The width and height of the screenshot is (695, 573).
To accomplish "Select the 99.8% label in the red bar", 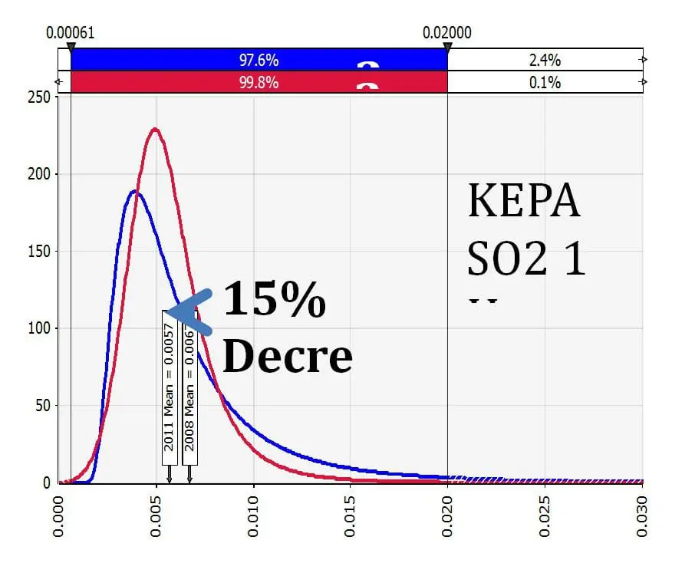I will point(258,82).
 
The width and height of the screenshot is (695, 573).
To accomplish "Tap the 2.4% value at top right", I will point(545,59).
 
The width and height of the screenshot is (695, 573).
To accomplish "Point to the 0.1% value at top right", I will point(545,82).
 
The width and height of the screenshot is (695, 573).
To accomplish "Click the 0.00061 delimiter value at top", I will point(70,33).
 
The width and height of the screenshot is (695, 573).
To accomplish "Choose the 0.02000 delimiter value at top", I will point(447,33).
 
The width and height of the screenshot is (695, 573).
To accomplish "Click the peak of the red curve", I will point(156,129).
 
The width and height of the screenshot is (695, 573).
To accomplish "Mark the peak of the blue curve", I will point(135,191).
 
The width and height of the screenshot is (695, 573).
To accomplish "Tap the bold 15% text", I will point(274,300).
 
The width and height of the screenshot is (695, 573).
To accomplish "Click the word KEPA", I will point(524,202).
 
